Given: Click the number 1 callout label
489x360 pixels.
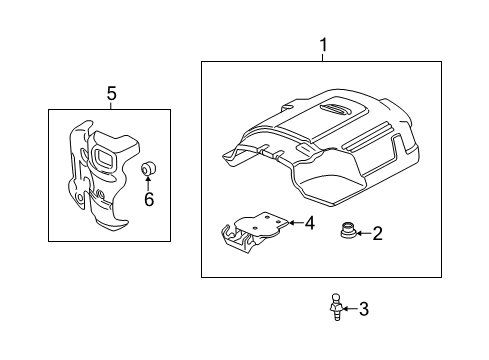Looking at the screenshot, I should pyautogui.click(x=322, y=46).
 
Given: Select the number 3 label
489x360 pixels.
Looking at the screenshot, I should pyautogui.click(x=363, y=310).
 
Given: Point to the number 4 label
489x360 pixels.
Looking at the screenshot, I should pyautogui.click(x=310, y=224).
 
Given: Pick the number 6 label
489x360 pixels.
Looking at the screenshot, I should pyautogui.click(x=148, y=200).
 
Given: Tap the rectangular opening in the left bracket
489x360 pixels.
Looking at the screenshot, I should pyautogui.click(x=103, y=158).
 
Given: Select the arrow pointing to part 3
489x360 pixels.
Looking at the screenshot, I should pyautogui.click(x=350, y=310).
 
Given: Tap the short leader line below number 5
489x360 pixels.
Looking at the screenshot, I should pyautogui.click(x=111, y=105).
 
